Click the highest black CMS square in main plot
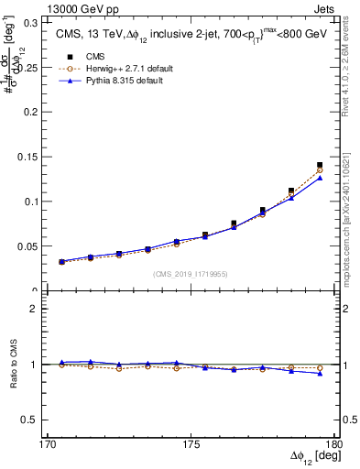click(320, 165)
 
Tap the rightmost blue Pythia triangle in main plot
click(320, 178)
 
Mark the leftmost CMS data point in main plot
click(61, 262)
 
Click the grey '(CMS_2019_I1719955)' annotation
click(191, 273)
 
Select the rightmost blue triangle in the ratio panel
click(320, 373)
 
